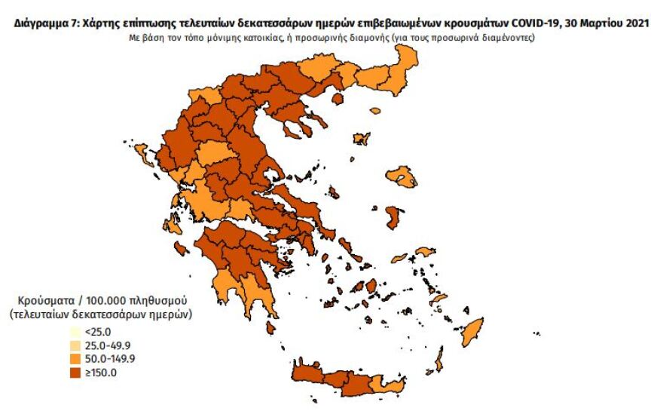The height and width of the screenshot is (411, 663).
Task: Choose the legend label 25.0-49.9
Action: click(105, 345)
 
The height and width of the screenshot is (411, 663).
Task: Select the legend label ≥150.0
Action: click(101, 372)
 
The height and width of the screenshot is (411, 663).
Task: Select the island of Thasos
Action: click(338, 98)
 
